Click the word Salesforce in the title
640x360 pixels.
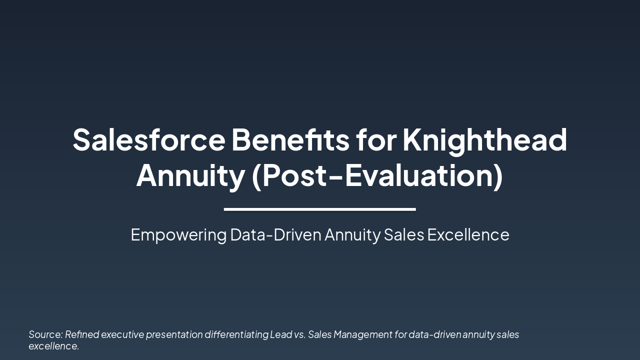tap(149, 139)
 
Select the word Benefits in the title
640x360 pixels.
tap(290, 139)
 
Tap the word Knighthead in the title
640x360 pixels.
tap(484, 139)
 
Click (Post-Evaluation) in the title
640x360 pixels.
tap(377, 176)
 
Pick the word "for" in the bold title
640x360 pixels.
tap(375, 139)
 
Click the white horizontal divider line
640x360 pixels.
tap(320, 209)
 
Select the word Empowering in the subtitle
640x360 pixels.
tap(178, 235)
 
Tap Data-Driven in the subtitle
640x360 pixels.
tap(275, 235)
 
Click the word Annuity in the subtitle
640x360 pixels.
tap(352, 235)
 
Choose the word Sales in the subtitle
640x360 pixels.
tap(403, 235)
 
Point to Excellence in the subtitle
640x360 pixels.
tap(468, 235)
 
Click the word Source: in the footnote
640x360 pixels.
tap(45, 334)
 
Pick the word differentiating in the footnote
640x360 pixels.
tap(236, 334)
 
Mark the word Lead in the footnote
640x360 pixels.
tap(281, 334)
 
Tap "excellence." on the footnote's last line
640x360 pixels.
tap(53, 346)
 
